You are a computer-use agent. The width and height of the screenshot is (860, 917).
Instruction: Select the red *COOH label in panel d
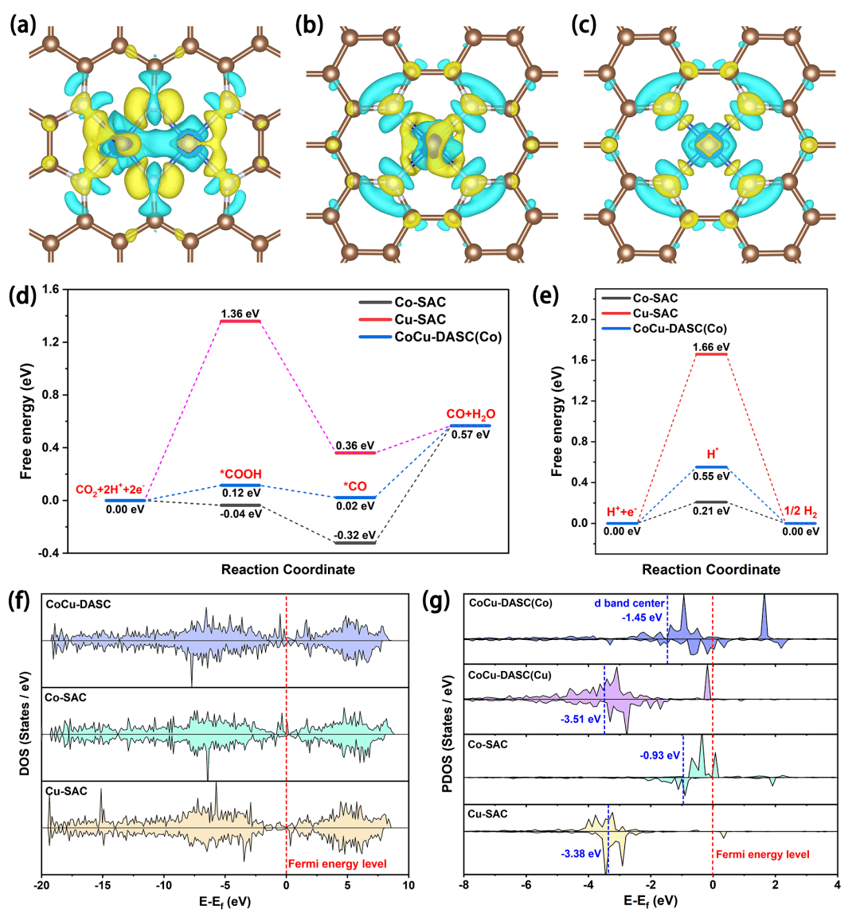click(x=240, y=474)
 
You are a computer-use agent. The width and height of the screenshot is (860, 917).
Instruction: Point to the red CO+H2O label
click(x=471, y=414)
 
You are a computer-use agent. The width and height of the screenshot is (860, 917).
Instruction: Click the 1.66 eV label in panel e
click(x=711, y=347)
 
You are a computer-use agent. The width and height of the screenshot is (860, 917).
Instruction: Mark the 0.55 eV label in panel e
click(x=711, y=476)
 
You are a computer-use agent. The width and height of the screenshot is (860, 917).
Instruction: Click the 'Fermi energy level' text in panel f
click(x=338, y=864)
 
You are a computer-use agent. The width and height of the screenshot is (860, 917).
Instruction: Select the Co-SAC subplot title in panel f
click(x=66, y=697)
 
